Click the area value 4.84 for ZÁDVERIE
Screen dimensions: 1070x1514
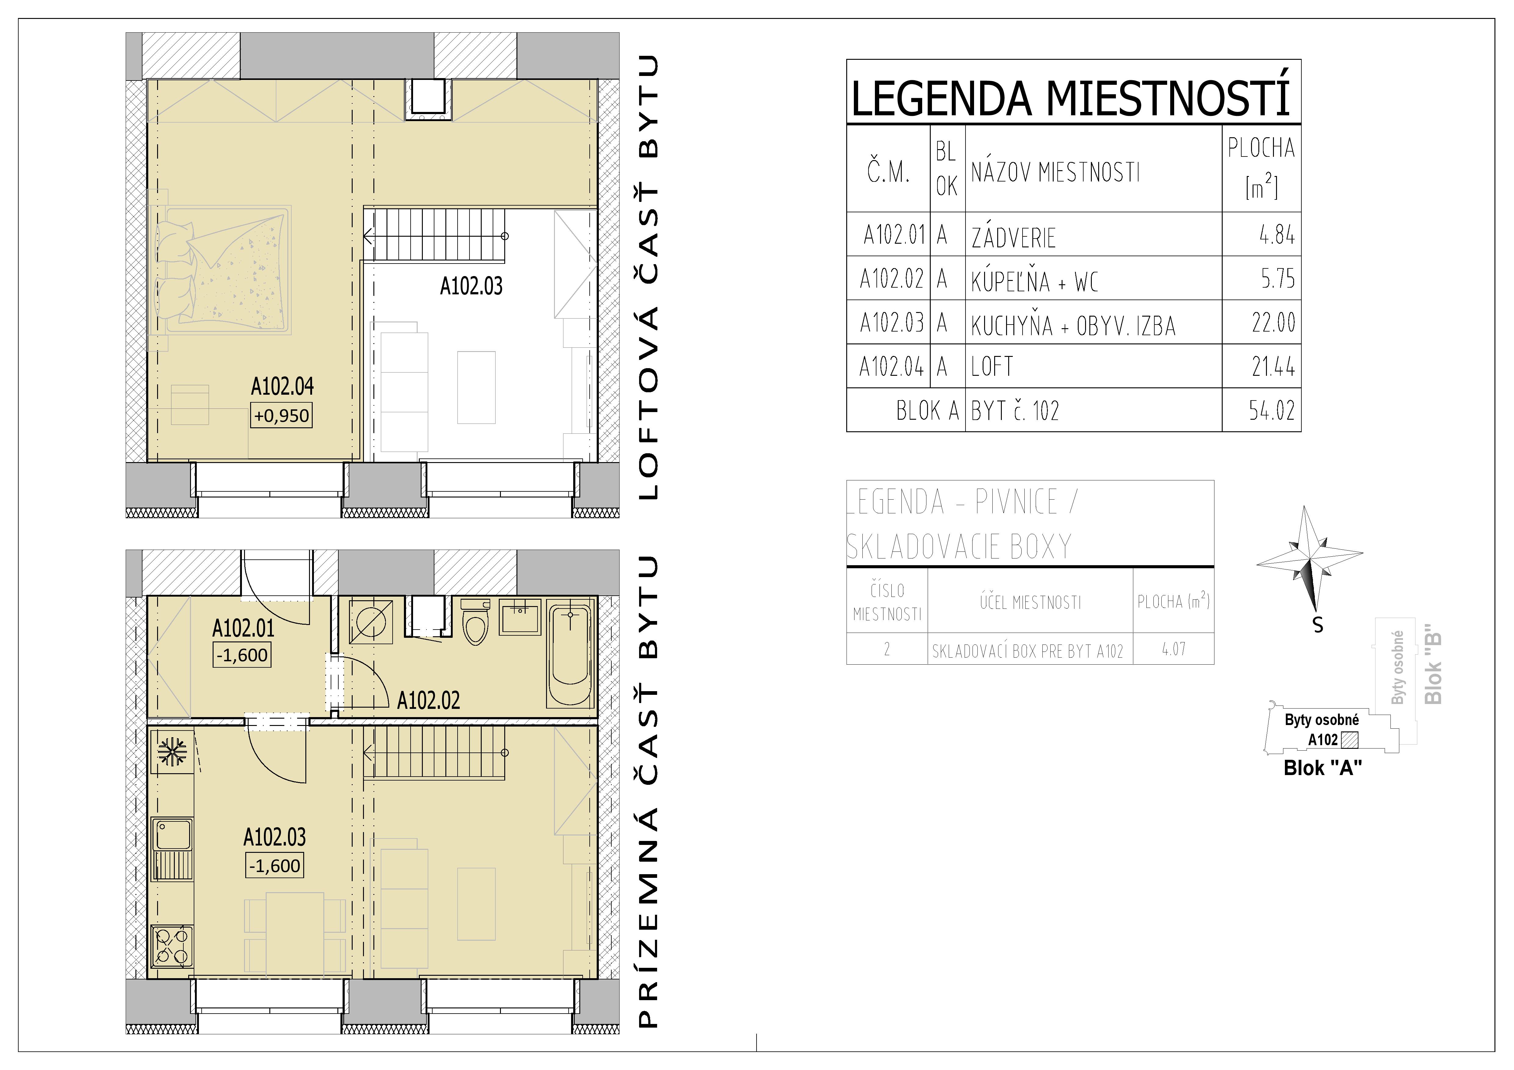tap(1276, 235)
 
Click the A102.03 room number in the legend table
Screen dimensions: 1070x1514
tap(891, 323)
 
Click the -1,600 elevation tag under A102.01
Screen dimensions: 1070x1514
tap(242, 655)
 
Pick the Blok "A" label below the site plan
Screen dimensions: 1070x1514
tap(1322, 768)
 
